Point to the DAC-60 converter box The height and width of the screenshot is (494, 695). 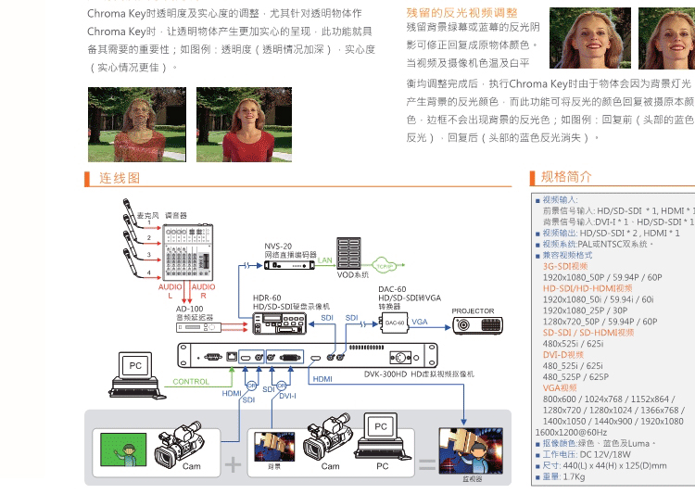click(395, 323)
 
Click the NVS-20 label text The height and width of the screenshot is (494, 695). click(277, 246)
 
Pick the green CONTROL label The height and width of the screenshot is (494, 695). click(191, 382)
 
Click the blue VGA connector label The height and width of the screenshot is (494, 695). click(420, 320)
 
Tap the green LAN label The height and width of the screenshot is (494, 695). click(325, 261)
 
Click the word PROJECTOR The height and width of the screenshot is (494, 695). click(473, 311)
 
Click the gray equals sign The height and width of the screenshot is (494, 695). click(427, 463)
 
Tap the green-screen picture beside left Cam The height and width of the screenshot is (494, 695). click(123, 450)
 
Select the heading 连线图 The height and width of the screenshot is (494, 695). click(120, 178)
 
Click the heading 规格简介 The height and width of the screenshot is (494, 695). click(566, 177)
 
